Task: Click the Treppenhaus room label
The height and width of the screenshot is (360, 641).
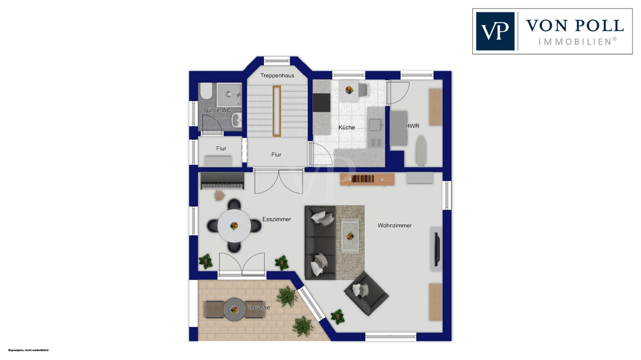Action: [x=277, y=76]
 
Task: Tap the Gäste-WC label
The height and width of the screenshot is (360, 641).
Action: [x=218, y=110]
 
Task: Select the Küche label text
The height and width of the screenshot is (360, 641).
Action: [x=347, y=128]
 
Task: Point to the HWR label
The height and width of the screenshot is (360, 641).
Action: [x=412, y=126]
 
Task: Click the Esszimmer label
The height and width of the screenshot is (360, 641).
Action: [x=276, y=220]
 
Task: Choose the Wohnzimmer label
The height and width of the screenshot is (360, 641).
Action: [x=394, y=225]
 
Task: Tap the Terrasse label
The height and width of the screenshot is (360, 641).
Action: [x=259, y=307]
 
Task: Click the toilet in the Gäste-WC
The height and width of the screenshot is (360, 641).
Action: [x=206, y=91]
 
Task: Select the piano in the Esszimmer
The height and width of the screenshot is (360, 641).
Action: [x=222, y=181]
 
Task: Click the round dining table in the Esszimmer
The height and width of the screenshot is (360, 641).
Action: [x=234, y=226]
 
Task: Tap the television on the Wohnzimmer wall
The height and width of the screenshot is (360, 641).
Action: [x=437, y=249]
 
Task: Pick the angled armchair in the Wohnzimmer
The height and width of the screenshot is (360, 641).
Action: [x=366, y=293]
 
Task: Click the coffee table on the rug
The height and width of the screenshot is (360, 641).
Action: [x=350, y=236]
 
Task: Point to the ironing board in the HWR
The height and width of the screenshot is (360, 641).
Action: [x=420, y=151]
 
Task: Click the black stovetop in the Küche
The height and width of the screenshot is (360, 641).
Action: [x=321, y=102]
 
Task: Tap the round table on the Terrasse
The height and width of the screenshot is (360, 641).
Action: [x=234, y=309]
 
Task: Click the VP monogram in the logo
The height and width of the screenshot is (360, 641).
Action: [x=495, y=31]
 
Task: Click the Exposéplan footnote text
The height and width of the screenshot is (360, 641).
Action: [x=28, y=350]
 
